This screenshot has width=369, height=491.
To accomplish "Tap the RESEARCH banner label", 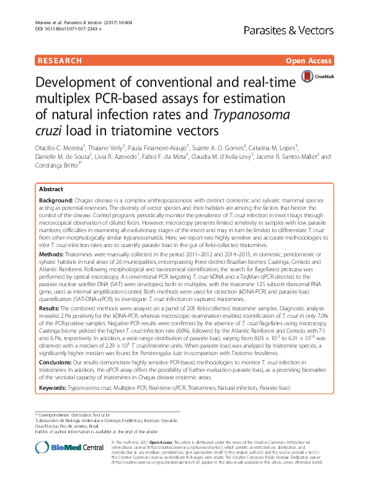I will pyautogui.click(x=60, y=61).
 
